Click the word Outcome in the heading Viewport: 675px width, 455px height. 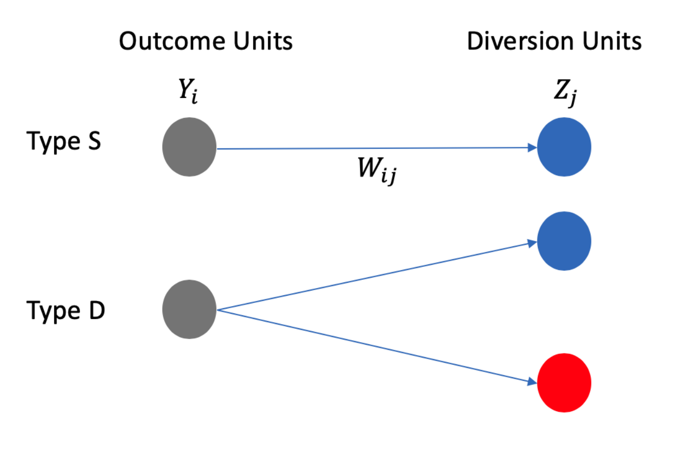pos(172,41)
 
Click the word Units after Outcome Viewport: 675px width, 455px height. pos(263,41)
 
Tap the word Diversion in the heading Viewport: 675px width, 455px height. pos(520,41)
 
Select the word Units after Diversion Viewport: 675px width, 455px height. pos(612,41)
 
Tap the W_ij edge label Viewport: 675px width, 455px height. pos(377,170)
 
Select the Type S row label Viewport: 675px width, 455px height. pos(63,142)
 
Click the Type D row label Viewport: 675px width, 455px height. pos(65,311)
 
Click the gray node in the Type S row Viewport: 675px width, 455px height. pos(189,147)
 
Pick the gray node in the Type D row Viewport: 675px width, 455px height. pos(189,309)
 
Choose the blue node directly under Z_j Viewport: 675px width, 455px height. pos(564,147)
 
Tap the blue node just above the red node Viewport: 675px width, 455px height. pos(564,241)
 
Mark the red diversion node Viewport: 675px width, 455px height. pos(564,383)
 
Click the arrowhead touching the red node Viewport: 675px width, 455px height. pos(532,382)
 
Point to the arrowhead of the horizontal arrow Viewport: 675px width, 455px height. pos(532,148)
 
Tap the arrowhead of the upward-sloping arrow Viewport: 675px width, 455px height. pos(532,243)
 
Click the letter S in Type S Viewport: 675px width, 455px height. pos(94,141)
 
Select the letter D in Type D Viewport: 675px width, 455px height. pos(97,310)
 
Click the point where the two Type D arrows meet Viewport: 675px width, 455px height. pos(217,310)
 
